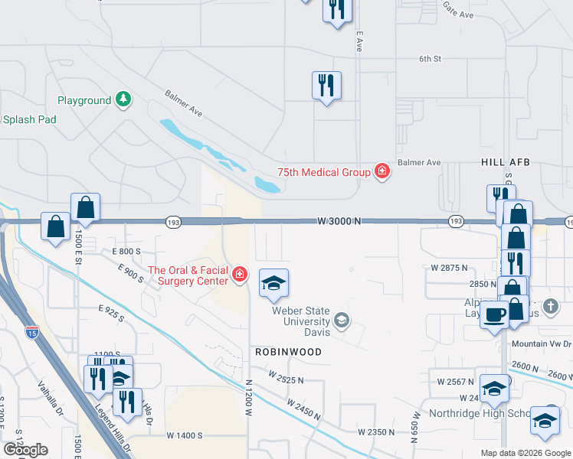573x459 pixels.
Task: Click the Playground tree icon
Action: (x=123, y=99)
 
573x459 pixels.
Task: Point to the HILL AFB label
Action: (x=506, y=163)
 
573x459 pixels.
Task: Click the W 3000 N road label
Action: (x=339, y=221)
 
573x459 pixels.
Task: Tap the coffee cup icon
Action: (x=495, y=314)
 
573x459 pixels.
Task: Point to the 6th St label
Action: (x=431, y=58)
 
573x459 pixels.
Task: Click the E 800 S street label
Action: (x=126, y=251)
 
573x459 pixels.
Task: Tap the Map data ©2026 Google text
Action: (x=525, y=453)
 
